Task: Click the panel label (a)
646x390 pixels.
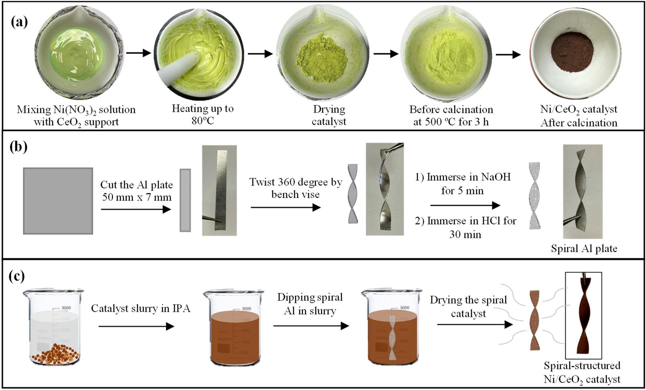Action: pos(19,22)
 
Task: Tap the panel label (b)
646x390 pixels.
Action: pos(18,147)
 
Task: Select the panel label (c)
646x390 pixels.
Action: pos(17,277)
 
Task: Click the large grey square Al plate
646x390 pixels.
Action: pos(58,201)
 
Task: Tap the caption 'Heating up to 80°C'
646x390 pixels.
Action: pos(203,114)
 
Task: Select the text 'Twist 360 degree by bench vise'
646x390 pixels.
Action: pos(295,188)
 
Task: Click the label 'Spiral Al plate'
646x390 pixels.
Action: pos(584,248)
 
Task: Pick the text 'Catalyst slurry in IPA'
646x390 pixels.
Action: pos(140,308)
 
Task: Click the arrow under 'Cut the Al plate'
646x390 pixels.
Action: pos(136,209)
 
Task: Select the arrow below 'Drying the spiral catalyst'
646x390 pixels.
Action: pos(475,324)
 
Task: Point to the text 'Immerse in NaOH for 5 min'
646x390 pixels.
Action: pos(463,184)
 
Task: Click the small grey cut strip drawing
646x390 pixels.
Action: pos(185,200)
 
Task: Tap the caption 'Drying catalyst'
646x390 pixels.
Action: pos(329,115)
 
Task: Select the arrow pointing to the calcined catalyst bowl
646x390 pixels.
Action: pos(508,54)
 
